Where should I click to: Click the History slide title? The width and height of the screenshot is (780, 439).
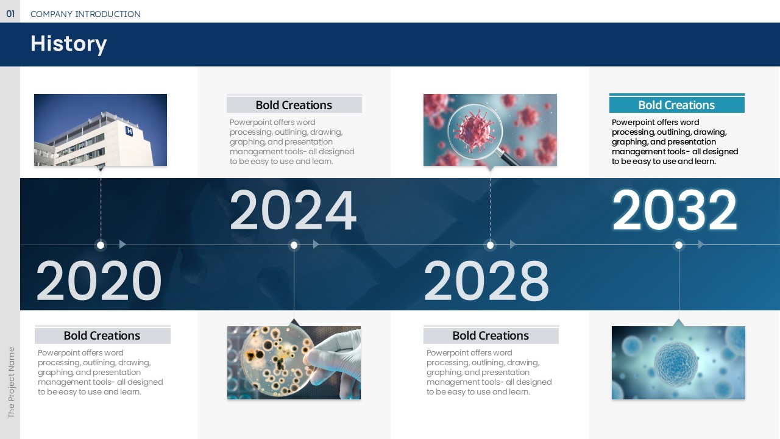pos(69,45)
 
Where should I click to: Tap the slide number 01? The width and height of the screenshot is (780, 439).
pos(10,14)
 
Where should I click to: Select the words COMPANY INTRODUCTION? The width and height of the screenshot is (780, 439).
pos(86,14)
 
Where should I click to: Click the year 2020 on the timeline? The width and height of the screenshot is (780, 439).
pos(99,280)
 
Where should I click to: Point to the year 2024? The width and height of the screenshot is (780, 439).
pos(293,210)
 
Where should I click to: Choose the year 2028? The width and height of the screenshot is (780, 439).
pos(486,280)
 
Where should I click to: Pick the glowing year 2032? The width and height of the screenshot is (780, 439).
pos(675,210)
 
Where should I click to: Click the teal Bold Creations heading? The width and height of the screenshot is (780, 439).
pos(676,105)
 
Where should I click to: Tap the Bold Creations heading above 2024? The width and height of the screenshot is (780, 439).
pos(294,105)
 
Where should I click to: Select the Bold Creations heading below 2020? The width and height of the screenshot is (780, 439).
pos(102,335)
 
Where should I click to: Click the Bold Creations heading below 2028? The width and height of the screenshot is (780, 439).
pos(491,335)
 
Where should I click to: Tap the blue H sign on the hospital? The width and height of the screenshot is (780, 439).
pos(129,131)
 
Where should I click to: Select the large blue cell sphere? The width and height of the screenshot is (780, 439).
pos(676,364)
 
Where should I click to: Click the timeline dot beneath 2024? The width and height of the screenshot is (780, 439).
pos(294,245)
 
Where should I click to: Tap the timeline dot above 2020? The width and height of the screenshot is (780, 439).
pos(101,245)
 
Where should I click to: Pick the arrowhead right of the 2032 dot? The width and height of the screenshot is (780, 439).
pos(701,244)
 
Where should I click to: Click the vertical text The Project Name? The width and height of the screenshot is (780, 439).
pos(11,382)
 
